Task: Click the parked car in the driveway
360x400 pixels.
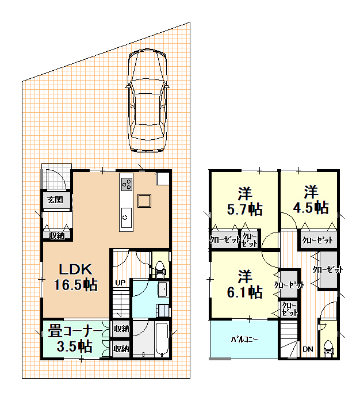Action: pos(148,101)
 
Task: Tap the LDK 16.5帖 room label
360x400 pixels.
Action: pos(75,277)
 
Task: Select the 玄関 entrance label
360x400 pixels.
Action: pos(55,200)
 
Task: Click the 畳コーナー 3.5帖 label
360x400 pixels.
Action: pos(75,338)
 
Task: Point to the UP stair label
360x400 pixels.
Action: pos(120,283)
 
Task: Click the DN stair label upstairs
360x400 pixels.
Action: pos(308,349)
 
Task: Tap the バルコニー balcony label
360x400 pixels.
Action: pos(244,340)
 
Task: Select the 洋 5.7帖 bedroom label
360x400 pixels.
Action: pos(245,201)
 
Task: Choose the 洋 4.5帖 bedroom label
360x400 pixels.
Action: pos(311,200)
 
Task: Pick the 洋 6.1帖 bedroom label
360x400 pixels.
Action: pos(245,284)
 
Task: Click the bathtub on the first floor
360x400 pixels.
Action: pos(162,339)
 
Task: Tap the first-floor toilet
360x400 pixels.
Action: pos(160,269)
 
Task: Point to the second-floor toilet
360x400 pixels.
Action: pos(328,349)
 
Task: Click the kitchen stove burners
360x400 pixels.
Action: pos(127,184)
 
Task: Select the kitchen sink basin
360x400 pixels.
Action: pos(126,218)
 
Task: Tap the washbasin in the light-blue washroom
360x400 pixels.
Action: pos(163,289)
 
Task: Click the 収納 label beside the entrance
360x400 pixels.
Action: pos(57,235)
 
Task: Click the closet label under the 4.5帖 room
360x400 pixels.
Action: pos(317,240)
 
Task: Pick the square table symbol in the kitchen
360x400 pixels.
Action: pos(144,201)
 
